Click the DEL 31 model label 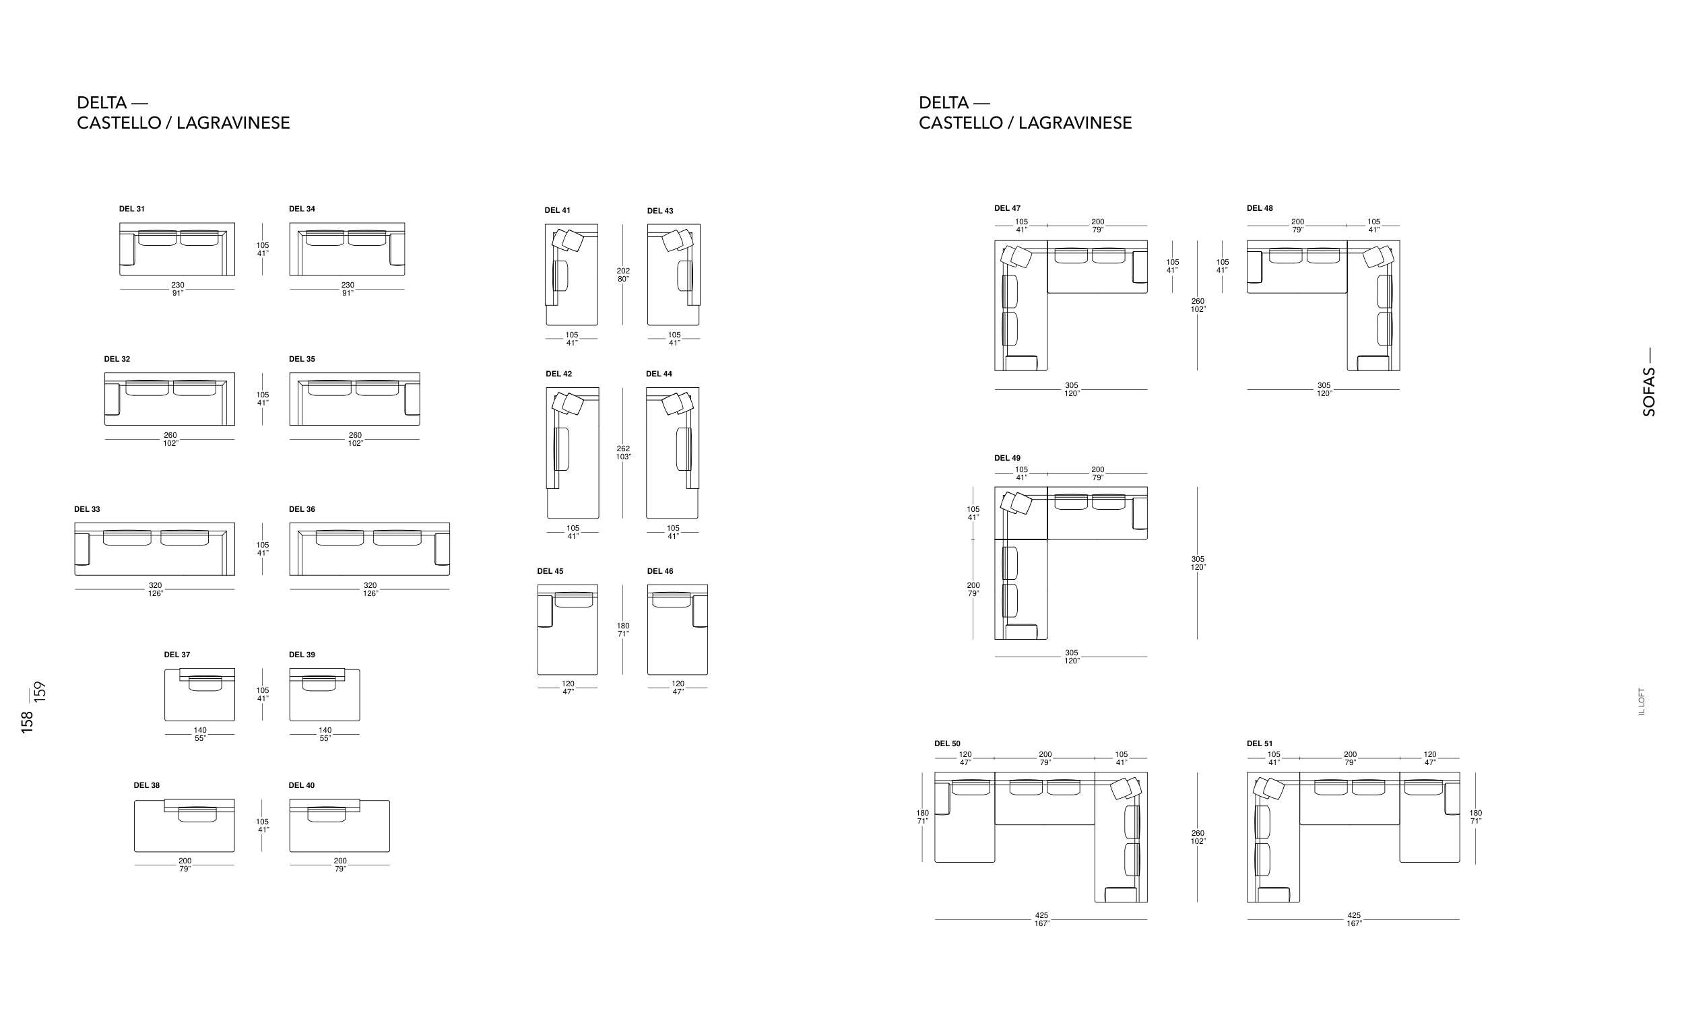coord(132,209)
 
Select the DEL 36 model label coord(302,509)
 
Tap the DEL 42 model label coord(559,374)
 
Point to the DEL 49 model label coord(1008,458)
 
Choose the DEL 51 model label coord(1260,743)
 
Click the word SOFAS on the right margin coord(1649,392)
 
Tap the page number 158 coord(28,723)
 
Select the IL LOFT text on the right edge coord(1642,701)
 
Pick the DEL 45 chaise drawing coord(567,630)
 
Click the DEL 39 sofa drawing coord(325,694)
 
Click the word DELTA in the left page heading coord(102,103)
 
